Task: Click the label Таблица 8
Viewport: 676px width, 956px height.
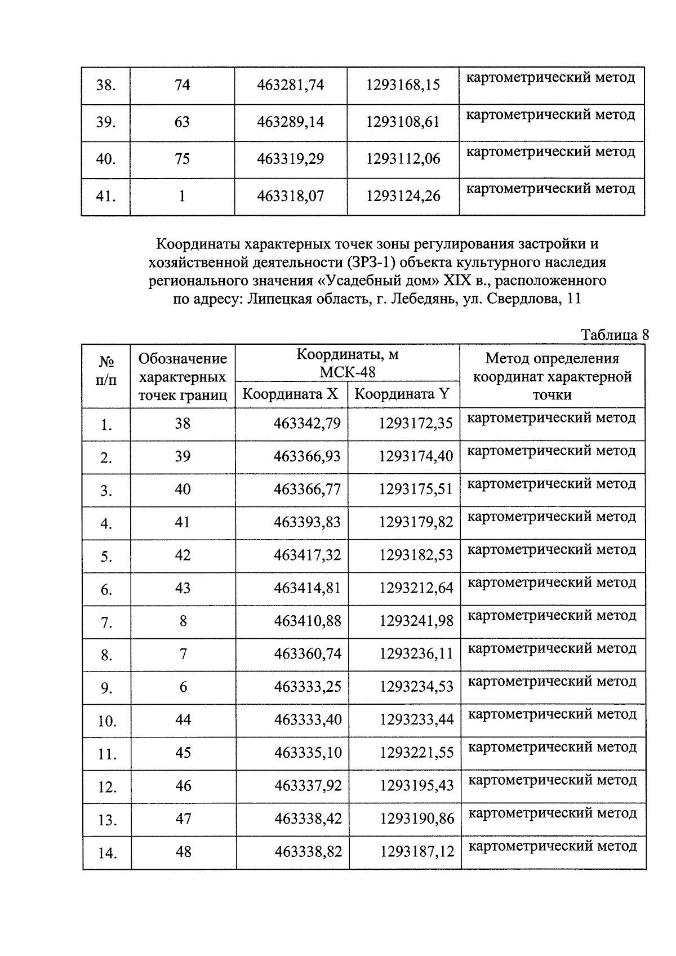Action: click(x=615, y=335)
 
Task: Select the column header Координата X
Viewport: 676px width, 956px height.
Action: click(x=290, y=394)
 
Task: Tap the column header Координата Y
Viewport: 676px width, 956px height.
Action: click(x=402, y=394)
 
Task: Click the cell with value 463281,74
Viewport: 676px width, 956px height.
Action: click(x=290, y=85)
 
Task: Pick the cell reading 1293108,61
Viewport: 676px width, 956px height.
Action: click(x=402, y=122)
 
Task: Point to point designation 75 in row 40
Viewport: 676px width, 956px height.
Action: click(x=182, y=159)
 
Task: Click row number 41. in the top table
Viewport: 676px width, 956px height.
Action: click(x=106, y=197)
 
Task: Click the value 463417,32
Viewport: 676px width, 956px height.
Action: click(x=307, y=555)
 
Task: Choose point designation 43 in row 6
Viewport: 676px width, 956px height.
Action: click(x=183, y=588)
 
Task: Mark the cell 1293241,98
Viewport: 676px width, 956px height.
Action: click(x=416, y=621)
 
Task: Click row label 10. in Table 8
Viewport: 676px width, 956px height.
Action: click(x=106, y=721)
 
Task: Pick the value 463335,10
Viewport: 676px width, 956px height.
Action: click(x=308, y=753)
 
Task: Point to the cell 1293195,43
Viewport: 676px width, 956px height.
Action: click(x=416, y=786)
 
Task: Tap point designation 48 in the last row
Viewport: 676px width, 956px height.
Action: click(x=184, y=852)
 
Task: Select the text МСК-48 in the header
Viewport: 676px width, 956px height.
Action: click(x=347, y=372)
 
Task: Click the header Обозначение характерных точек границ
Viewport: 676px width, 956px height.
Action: click(x=183, y=376)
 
